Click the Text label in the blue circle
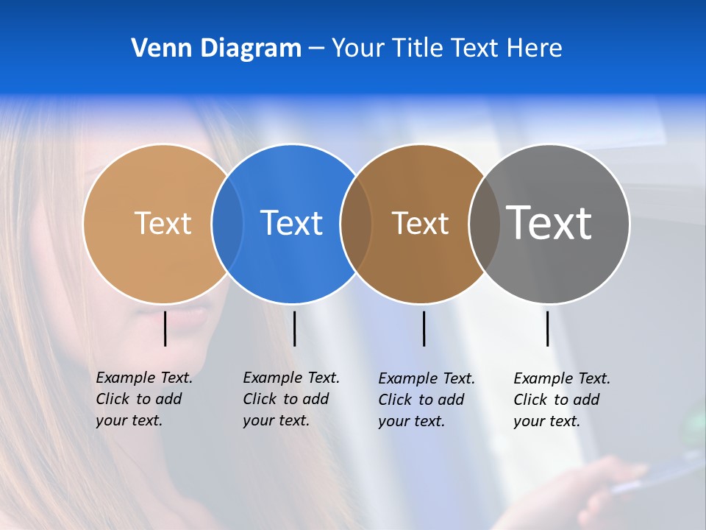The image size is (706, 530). click(x=292, y=223)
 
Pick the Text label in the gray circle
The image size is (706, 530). click(x=549, y=222)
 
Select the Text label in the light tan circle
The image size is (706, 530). click(x=163, y=223)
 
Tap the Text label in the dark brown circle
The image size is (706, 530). click(x=420, y=223)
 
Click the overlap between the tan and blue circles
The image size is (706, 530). click(x=227, y=224)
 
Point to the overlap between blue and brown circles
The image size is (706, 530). click(x=356, y=224)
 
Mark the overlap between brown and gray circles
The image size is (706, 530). click(x=485, y=224)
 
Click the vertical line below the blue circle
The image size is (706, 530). click(x=294, y=328)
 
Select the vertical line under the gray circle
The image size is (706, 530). click(x=547, y=328)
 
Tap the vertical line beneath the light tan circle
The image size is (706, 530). click(x=165, y=328)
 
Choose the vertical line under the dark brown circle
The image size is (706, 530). click(x=424, y=328)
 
